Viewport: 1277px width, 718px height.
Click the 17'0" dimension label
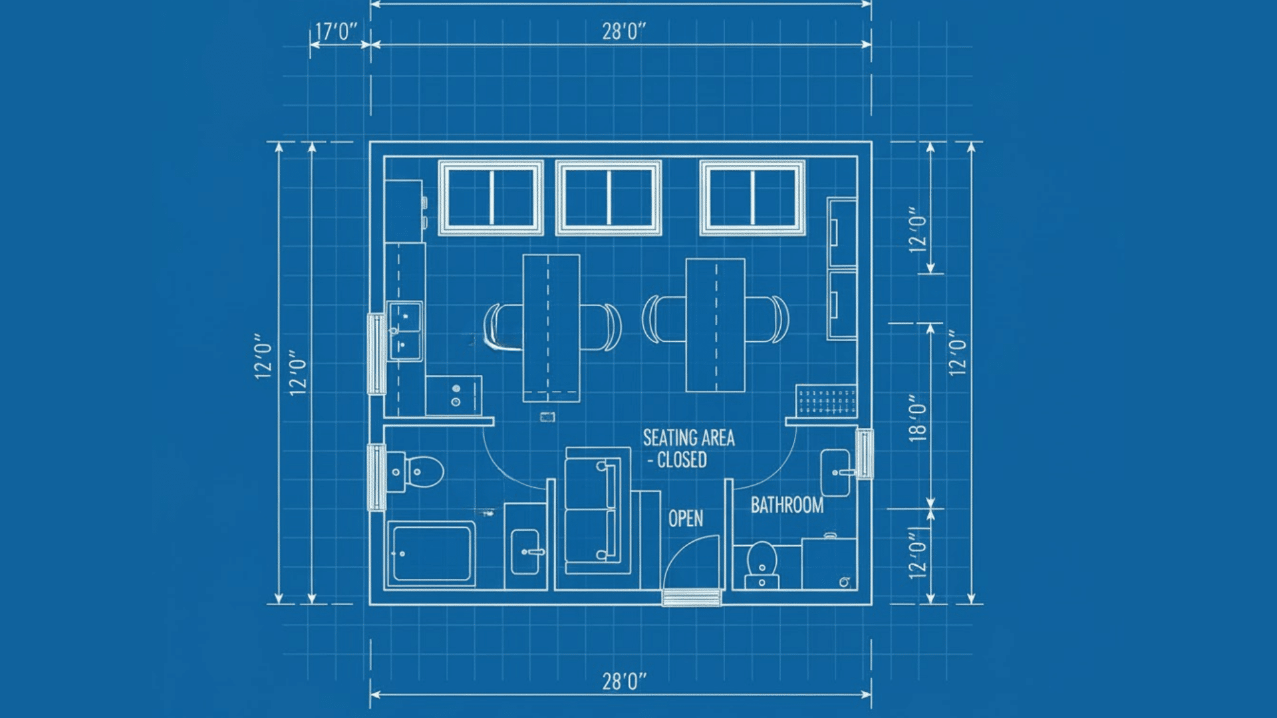[x=336, y=31]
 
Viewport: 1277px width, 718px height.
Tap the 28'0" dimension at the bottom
[x=623, y=681]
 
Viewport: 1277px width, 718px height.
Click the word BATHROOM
[x=787, y=505]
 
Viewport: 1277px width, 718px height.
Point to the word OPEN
[x=685, y=519]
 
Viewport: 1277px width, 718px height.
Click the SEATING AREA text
[x=688, y=438]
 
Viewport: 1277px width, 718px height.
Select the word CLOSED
[x=681, y=460]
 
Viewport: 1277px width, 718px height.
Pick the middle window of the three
[x=608, y=197]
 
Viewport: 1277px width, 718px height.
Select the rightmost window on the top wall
[x=752, y=197]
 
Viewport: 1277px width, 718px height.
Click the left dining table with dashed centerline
[x=550, y=328]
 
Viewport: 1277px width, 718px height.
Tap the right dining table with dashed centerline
[x=715, y=325]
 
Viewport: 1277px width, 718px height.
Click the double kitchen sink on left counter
[x=404, y=331]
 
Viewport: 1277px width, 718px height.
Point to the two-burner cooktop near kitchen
[x=456, y=396]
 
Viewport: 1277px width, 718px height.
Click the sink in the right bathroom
[x=835, y=473]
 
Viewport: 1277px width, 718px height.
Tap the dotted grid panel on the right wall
[x=826, y=402]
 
